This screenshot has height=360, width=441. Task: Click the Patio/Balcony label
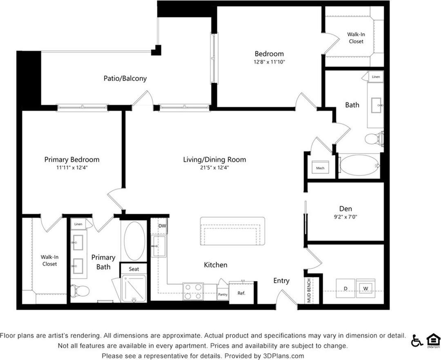point(125,78)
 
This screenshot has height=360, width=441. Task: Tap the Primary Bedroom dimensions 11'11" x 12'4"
point(72,167)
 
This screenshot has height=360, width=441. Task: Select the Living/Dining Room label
point(214,160)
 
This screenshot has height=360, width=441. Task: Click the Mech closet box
point(320,168)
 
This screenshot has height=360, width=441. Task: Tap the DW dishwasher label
point(162,226)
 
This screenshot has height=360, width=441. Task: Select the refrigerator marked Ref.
point(241,293)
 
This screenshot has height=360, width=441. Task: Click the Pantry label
point(223,294)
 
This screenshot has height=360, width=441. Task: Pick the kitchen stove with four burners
point(193,291)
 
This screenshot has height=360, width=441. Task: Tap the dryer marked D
point(345,289)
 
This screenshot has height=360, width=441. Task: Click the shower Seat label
point(134,269)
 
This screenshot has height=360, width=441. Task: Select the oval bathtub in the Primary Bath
point(134,240)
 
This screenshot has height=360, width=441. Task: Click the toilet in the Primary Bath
point(80,291)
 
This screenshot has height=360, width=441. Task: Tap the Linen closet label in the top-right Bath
point(376,77)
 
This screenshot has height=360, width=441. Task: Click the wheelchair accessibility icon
point(416,341)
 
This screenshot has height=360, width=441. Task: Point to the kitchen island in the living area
point(232,231)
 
